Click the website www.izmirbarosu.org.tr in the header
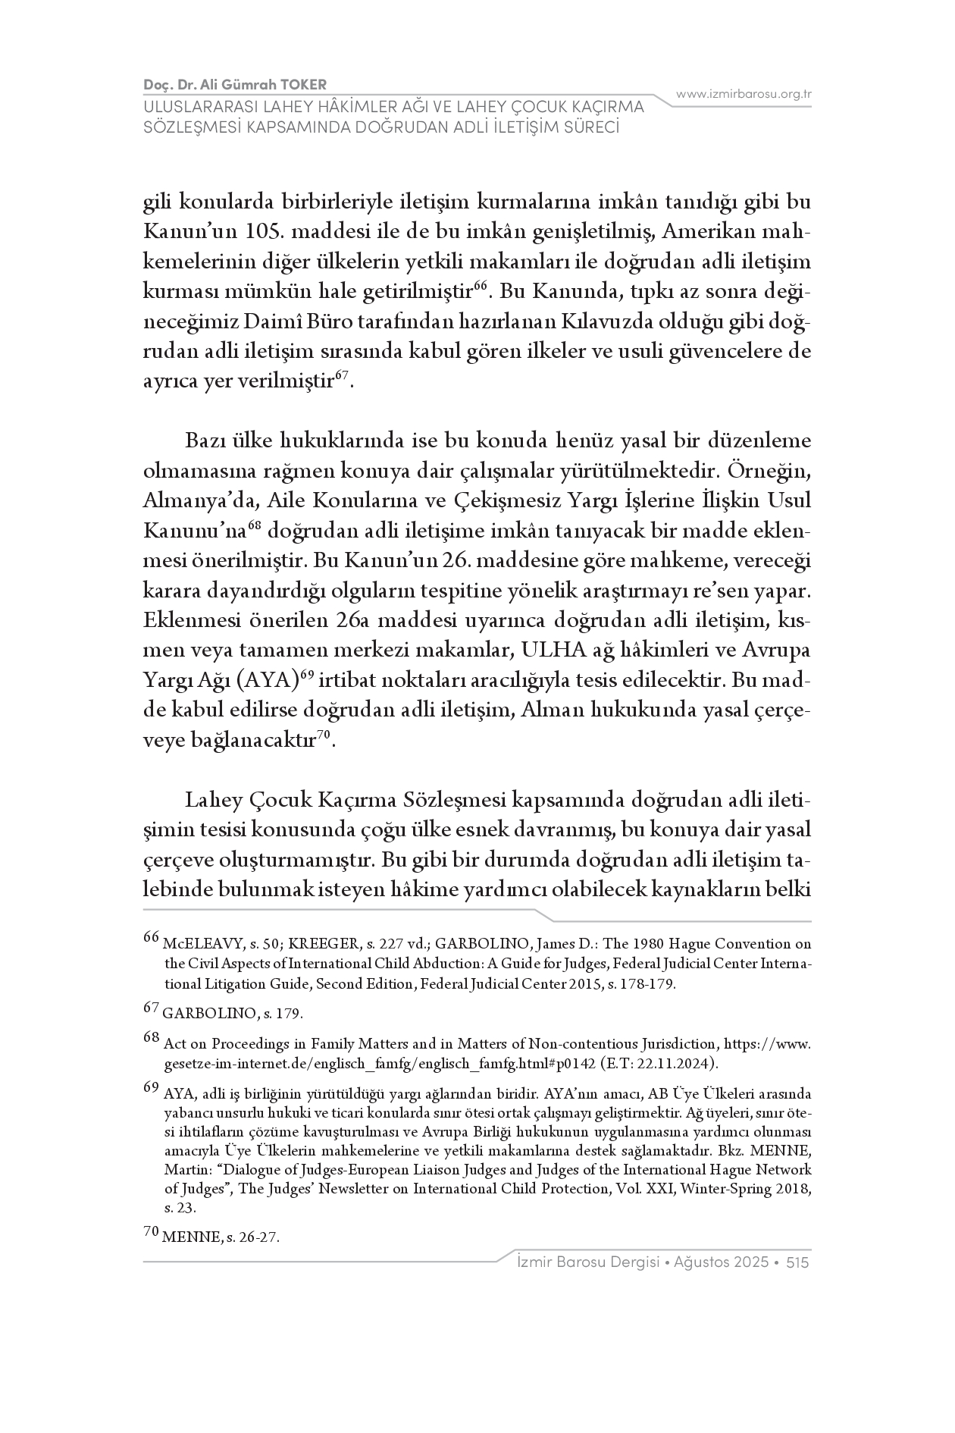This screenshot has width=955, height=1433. [744, 94]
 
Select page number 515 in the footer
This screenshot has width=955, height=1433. [798, 1262]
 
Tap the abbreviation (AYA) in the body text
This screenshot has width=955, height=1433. [266, 680]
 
